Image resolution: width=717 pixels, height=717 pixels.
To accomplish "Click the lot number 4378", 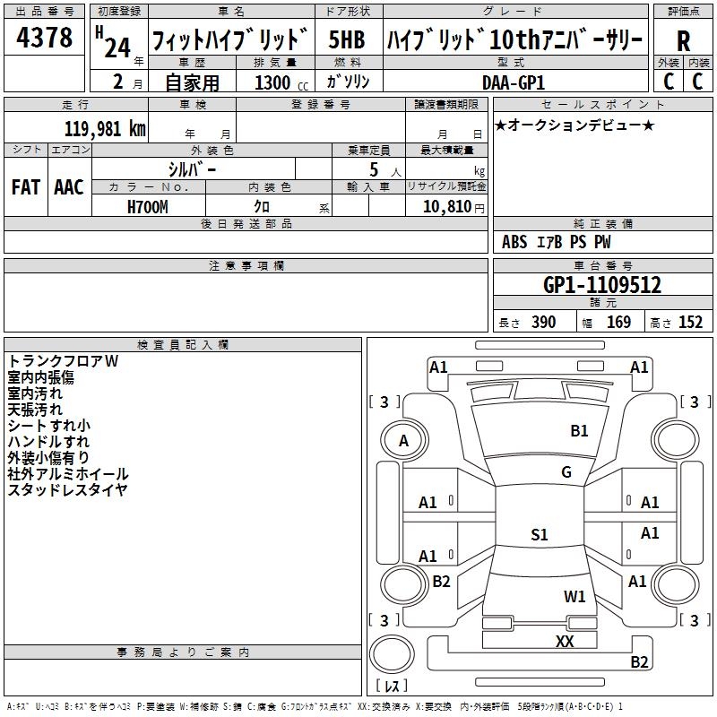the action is pyautogui.click(x=44, y=37).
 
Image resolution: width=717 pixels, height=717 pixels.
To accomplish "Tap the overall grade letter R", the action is pyautogui.click(x=683, y=41).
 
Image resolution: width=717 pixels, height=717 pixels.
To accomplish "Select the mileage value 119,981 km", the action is pyautogui.click(x=105, y=129).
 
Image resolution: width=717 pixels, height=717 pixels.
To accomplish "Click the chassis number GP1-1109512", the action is pyautogui.click(x=602, y=285).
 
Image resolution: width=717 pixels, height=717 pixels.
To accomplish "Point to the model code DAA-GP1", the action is pyautogui.click(x=514, y=82).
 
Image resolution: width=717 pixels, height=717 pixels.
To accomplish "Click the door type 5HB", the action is pyautogui.click(x=347, y=39).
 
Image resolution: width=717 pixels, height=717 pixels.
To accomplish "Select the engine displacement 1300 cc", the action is pyautogui.click(x=281, y=82).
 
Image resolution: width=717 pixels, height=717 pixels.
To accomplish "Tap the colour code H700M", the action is pyautogui.click(x=148, y=207).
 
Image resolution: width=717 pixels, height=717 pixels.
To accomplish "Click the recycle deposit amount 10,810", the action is pyautogui.click(x=447, y=207).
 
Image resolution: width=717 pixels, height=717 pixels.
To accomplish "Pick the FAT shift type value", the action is pyautogui.click(x=26, y=187).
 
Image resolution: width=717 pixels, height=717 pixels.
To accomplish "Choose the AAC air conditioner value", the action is pyautogui.click(x=69, y=187).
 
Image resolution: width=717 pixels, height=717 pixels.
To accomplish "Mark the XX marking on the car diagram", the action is pyautogui.click(x=565, y=641).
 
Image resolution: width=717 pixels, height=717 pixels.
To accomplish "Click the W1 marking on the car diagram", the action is pyautogui.click(x=574, y=596).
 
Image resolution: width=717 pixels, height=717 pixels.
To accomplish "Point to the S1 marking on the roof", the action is pyautogui.click(x=540, y=534).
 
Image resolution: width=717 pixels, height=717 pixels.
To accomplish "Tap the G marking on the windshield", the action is pyautogui.click(x=566, y=472).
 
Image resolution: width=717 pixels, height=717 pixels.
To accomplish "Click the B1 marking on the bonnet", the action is pyautogui.click(x=579, y=431).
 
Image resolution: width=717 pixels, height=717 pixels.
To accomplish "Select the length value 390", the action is pyautogui.click(x=544, y=322).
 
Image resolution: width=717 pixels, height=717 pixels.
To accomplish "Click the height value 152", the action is pyautogui.click(x=690, y=322).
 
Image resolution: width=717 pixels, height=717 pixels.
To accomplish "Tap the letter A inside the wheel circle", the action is pyautogui.click(x=403, y=441).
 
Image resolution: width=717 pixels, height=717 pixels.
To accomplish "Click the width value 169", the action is pyautogui.click(x=618, y=322).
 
